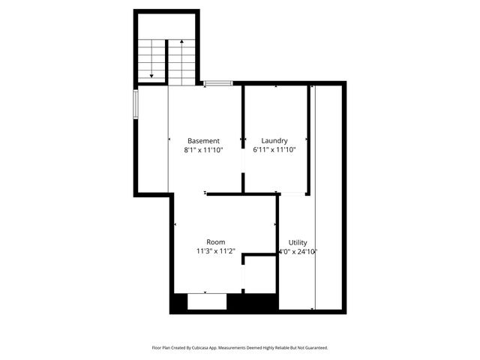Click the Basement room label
tap(203, 140)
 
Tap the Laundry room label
tap(274, 140)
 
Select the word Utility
tap(298, 242)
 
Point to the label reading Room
tap(216, 242)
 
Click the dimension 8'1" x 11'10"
tap(203, 150)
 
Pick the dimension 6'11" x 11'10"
tap(274, 150)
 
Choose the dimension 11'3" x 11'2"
tap(216, 252)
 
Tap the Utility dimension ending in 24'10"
tap(298, 252)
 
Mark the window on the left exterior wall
tap(136, 103)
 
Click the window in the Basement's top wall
tap(217, 82)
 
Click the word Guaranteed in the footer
tap(315, 347)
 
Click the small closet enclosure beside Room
tap(259, 274)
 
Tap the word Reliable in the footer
tap(282, 347)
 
